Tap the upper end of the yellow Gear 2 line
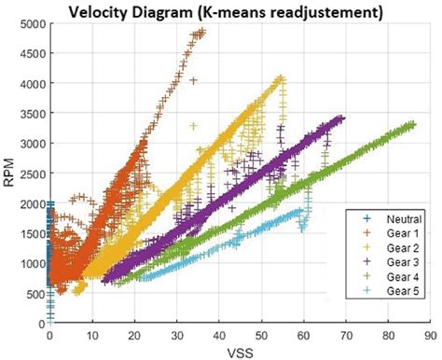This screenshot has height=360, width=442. coord(281,79)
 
